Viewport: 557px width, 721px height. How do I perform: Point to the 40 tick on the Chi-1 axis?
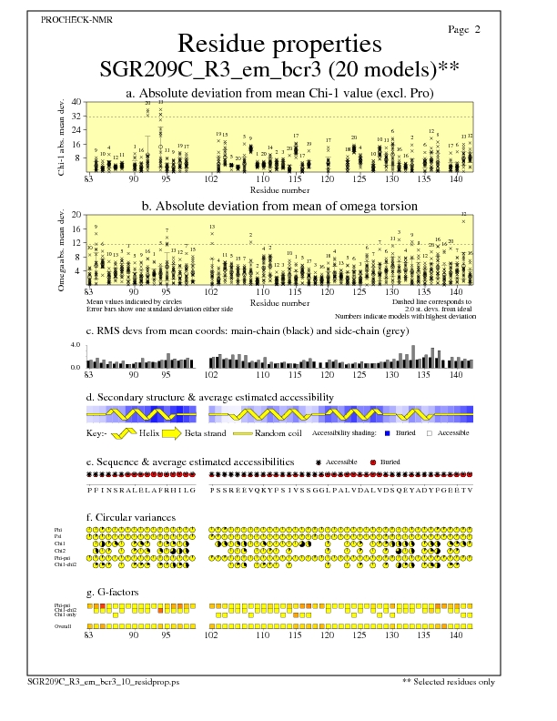tap(77, 102)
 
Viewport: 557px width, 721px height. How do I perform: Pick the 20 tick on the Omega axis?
tap(77, 215)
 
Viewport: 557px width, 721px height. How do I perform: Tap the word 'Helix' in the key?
tap(149, 433)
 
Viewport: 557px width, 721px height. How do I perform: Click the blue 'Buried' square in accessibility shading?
tap(387, 433)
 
